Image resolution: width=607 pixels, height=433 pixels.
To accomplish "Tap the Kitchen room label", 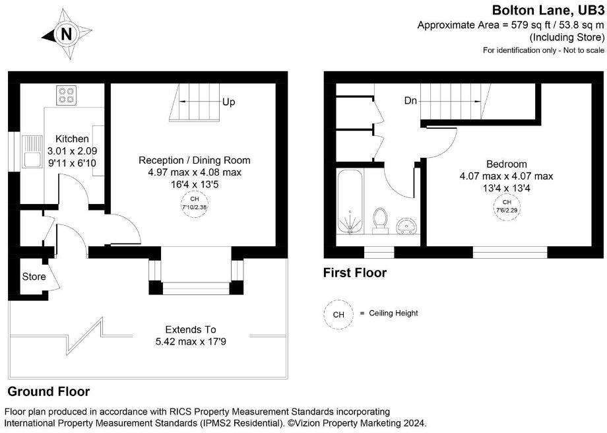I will pos(72,139).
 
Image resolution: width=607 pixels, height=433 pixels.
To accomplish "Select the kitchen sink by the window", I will pos(31,151).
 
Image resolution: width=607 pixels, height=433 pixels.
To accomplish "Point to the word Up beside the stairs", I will pos(228,102).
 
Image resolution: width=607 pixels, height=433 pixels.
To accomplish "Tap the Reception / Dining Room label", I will pos(194,160).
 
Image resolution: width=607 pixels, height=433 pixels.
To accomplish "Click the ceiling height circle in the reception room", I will pos(194,202).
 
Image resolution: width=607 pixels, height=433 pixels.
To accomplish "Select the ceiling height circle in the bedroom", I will pos(506,205).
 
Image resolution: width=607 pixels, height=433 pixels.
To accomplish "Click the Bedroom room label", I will pos(506,164).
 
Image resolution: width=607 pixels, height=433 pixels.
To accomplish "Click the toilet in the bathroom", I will pos(379,220).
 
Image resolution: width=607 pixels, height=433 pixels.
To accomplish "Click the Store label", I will pos(34,277).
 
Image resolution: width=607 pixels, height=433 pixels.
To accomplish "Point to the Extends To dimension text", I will pos(190,329).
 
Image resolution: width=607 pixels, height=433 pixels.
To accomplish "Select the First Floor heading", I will pos(354,273).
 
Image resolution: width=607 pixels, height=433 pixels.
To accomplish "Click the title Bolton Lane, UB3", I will pos(548,10).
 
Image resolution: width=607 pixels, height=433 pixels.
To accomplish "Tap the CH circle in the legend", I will pos(338,314).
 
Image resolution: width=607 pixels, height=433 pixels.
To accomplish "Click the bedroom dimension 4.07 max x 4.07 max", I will pos(506,176).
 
